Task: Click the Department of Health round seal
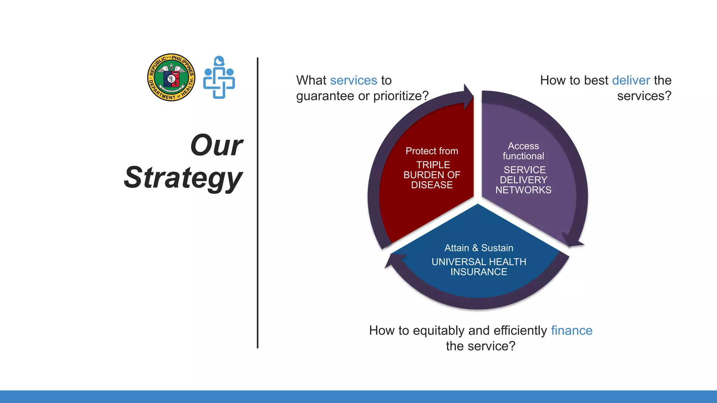point(171,77)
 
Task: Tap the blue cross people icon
point(219,77)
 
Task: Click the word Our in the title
point(217,145)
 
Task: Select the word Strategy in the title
point(183,178)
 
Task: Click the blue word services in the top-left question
point(353,80)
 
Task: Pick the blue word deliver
point(631,80)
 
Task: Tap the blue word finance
point(571,331)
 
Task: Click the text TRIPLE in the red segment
point(433,165)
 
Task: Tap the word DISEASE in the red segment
point(432,185)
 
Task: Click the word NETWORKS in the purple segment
point(523,190)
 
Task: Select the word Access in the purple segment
point(523,146)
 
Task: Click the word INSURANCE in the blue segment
point(479,272)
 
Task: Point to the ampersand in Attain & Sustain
point(475,248)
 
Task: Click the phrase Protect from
point(432,151)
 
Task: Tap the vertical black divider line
point(258,203)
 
